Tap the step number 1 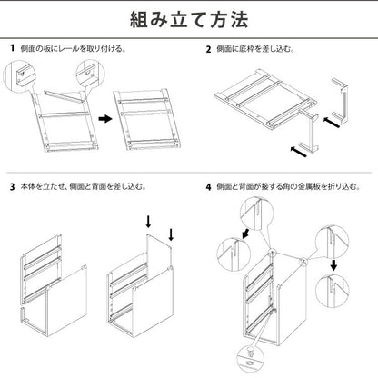[x=12, y=48]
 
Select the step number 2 [x=208, y=48]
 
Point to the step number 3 [x=12, y=188]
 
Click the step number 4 [x=208, y=188]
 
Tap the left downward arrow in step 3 [x=147, y=222]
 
